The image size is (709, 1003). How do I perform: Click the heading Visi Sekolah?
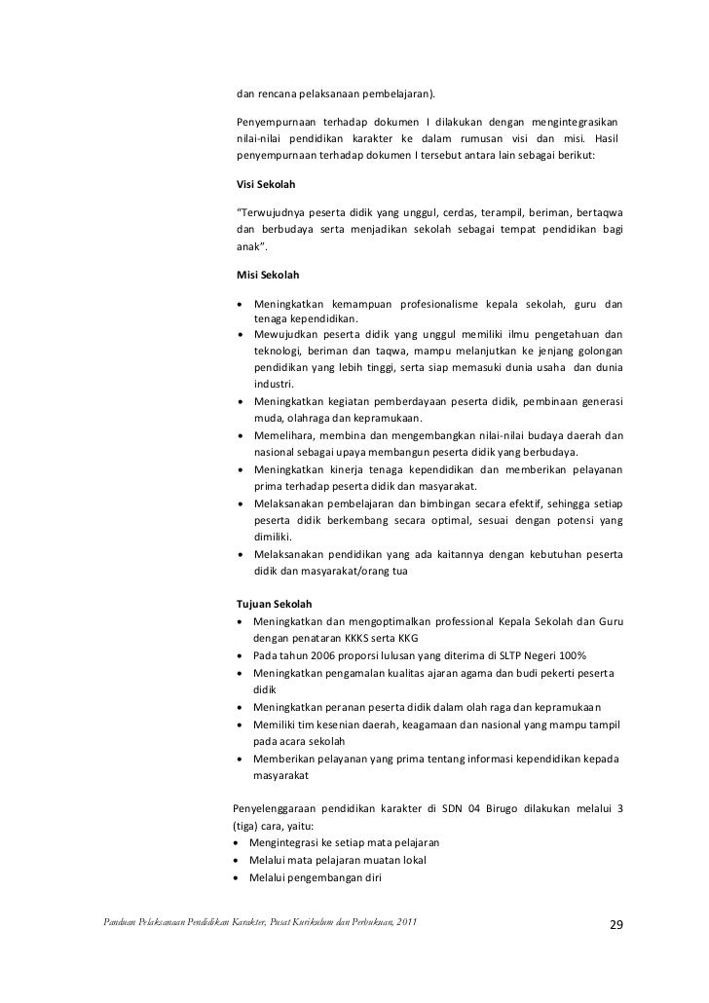point(267,183)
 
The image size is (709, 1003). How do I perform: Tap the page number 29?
point(615,924)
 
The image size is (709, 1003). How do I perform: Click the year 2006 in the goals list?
point(317,655)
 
